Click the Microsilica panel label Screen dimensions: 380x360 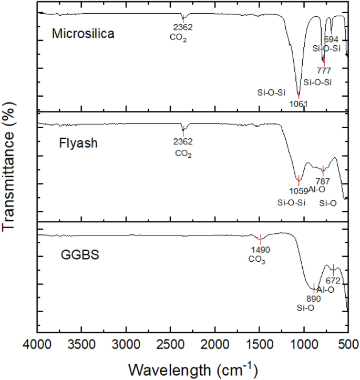tap(83, 34)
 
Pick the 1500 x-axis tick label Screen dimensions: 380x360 tap(259, 344)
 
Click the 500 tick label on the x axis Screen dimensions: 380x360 tap(347, 344)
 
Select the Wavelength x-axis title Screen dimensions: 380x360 tap(192, 366)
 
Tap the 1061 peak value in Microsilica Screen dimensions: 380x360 tap(298, 104)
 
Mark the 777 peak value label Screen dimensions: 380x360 tap(324, 70)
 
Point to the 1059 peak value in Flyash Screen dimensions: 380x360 tap(297, 190)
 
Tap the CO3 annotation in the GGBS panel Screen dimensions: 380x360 tap(257, 260)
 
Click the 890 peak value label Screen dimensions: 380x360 tap(313, 298)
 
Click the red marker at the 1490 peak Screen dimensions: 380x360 tap(261, 239)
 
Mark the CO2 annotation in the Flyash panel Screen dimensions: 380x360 tap(183, 154)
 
